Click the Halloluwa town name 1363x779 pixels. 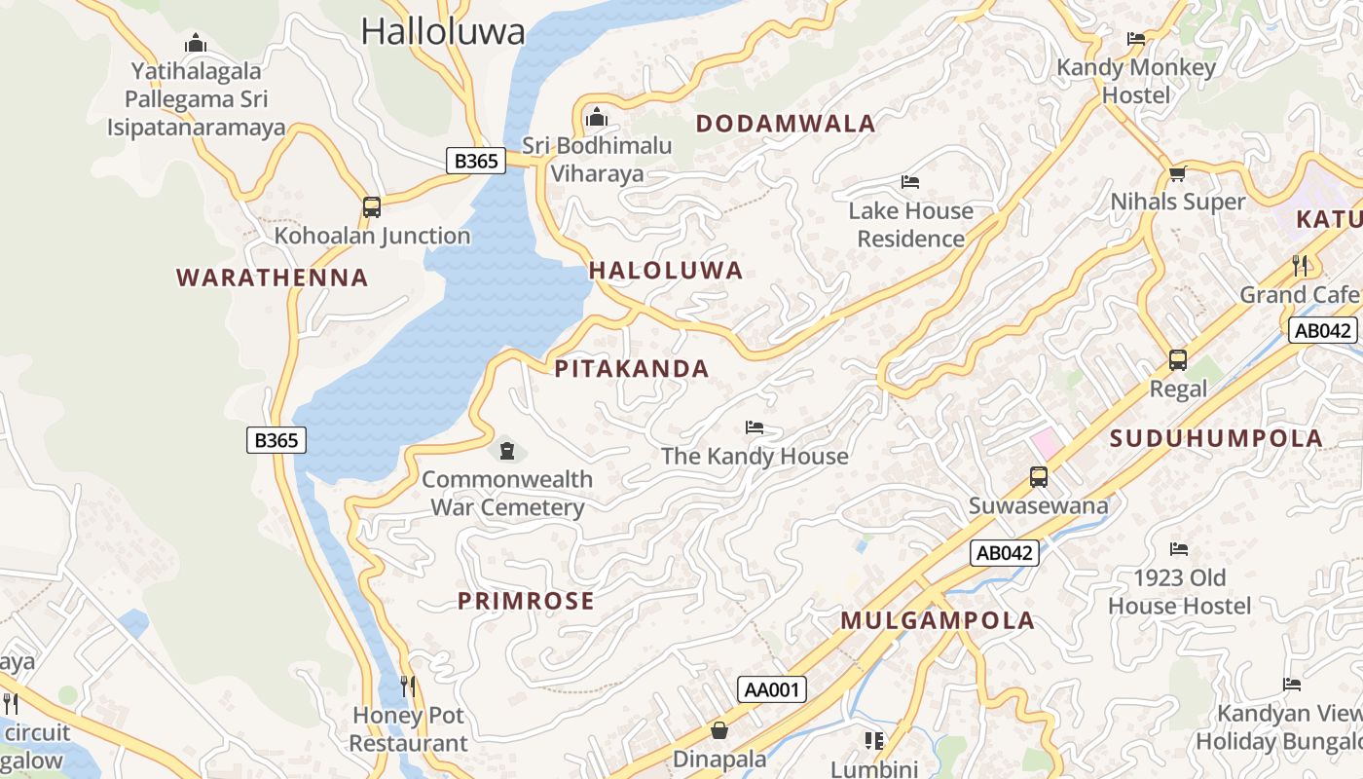point(443,31)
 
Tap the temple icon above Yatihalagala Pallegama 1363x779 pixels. point(196,43)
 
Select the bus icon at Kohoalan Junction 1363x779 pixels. point(371,206)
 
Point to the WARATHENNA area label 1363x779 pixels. point(273,278)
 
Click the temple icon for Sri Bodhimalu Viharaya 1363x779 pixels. point(597,118)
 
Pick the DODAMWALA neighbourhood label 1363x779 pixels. point(786,124)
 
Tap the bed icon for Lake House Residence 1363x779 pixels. point(910,182)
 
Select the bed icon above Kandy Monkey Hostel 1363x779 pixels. point(1136,39)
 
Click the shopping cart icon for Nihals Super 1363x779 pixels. point(1178,173)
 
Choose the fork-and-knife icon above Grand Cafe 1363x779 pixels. point(1300,265)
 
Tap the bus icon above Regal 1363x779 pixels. point(1178,360)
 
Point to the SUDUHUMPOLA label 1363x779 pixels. point(1216,438)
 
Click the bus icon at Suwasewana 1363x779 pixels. point(1039,477)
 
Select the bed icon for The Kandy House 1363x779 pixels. point(755,427)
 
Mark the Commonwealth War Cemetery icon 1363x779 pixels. point(506,450)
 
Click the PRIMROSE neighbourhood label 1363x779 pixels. point(526,601)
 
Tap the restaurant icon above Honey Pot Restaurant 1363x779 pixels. point(408,686)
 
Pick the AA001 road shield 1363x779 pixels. point(772,689)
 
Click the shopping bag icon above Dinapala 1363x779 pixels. point(719,729)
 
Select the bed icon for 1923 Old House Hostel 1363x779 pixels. point(1179,549)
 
